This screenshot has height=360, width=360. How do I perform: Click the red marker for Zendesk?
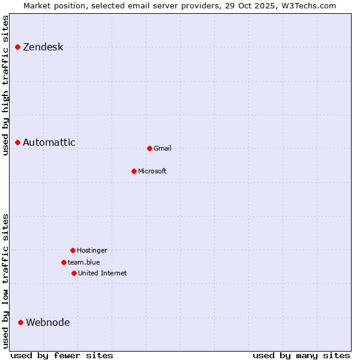[x=18, y=47]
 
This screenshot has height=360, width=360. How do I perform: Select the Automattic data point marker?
[x=18, y=142]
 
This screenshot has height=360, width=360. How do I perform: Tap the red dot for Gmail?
[x=149, y=148]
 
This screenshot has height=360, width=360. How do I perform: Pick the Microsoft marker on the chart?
[x=134, y=171]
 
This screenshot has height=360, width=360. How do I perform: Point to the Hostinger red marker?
[x=73, y=250]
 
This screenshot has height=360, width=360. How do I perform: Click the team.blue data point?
[x=64, y=262]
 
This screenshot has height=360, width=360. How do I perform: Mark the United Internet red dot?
[x=74, y=273]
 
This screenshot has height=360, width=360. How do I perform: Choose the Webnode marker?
[x=21, y=322]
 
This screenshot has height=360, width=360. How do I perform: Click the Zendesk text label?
[x=43, y=47]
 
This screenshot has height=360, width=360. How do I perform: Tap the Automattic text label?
[x=49, y=143]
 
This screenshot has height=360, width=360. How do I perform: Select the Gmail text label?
[x=163, y=149]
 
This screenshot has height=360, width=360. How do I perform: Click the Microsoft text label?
[x=152, y=172]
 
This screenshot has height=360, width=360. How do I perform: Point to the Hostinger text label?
[x=92, y=251]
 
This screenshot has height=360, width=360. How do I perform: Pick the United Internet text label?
[x=103, y=274]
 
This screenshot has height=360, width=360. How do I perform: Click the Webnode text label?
[x=48, y=323]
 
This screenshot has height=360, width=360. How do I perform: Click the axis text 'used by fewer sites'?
[x=62, y=355]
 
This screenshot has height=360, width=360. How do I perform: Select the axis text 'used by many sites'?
[x=301, y=355]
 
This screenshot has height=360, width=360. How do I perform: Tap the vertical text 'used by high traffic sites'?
[x=6, y=85]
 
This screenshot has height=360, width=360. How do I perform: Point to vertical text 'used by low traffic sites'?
[x=6, y=281]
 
